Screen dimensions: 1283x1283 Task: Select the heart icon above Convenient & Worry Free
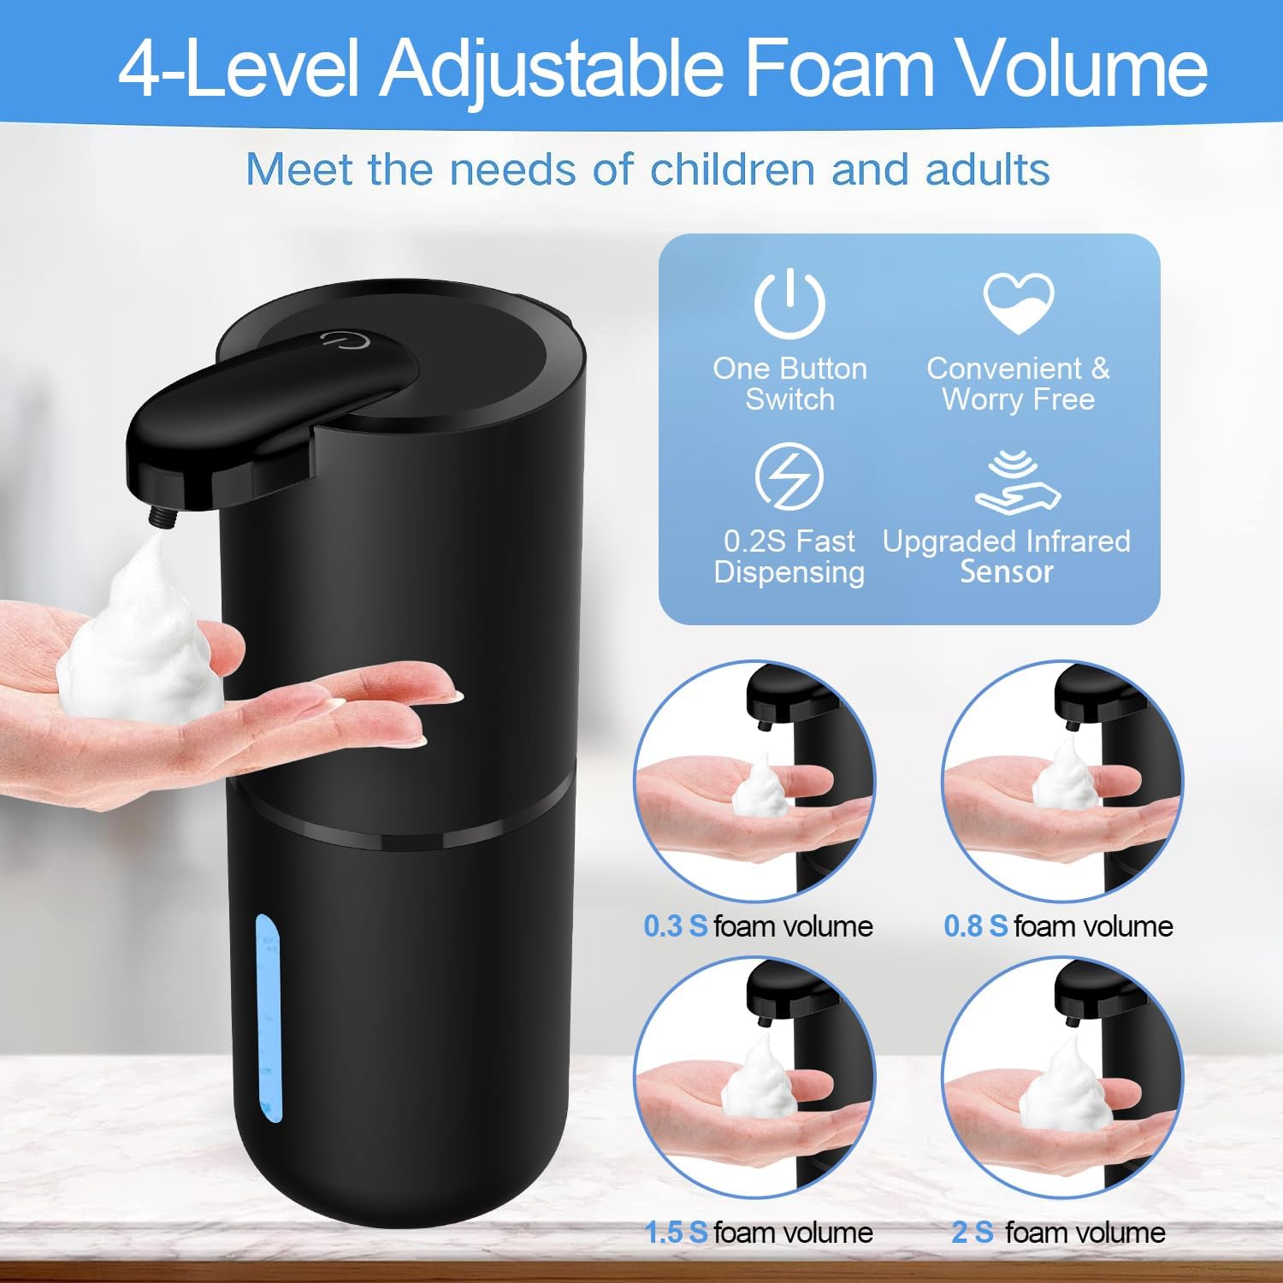coord(1018,302)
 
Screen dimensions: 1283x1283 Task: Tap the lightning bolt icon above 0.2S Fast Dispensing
coord(789,476)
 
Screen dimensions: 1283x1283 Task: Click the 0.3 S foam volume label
coord(758,925)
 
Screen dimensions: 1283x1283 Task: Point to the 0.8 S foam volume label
coord(1058,925)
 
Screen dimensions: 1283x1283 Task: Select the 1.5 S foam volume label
coord(758,1232)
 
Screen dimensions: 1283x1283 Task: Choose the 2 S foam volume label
coord(1058,1232)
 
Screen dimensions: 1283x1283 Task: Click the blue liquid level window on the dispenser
coord(268,1018)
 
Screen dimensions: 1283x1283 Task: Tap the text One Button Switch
coord(789,384)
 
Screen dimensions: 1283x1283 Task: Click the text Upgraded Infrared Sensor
coord(1007,556)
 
